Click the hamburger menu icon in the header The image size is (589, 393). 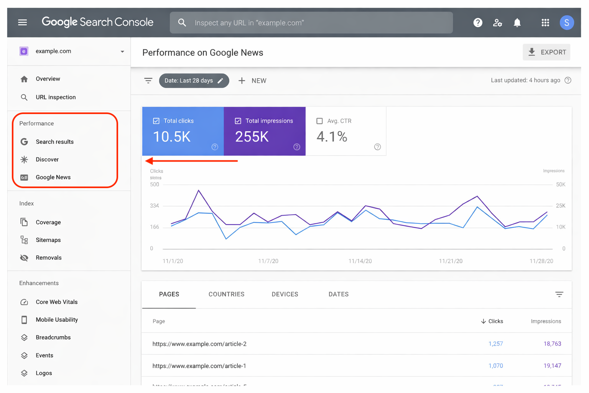pyautogui.click(x=22, y=23)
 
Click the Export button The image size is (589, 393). pyautogui.click(x=546, y=52)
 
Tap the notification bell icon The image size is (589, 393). pyautogui.click(x=517, y=23)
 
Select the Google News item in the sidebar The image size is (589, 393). pyautogui.click(x=53, y=177)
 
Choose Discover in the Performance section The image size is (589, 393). pyautogui.click(x=47, y=159)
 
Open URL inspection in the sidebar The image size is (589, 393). pyautogui.click(x=56, y=97)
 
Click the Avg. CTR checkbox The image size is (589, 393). pyautogui.click(x=319, y=121)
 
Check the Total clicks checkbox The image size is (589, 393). pyautogui.click(x=156, y=121)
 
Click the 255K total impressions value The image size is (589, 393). pyautogui.click(x=252, y=137)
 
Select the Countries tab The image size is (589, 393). pyautogui.click(x=226, y=294)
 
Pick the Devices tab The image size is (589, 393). pyautogui.click(x=285, y=294)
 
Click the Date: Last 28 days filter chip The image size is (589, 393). pyautogui.click(x=194, y=81)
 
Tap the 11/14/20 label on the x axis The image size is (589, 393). pyautogui.click(x=360, y=261)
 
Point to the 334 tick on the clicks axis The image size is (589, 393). pyautogui.click(x=155, y=206)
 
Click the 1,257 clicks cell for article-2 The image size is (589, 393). pyautogui.click(x=495, y=344)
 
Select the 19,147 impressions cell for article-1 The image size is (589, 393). pyautogui.click(x=552, y=366)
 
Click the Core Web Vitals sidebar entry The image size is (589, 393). pyautogui.click(x=56, y=302)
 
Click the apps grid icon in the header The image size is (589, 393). pyautogui.click(x=545, y=23)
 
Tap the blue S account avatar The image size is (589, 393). pyautogui.click(x=566, y=23)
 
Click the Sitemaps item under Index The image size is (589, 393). pyautogui.click(x=48, y=240)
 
